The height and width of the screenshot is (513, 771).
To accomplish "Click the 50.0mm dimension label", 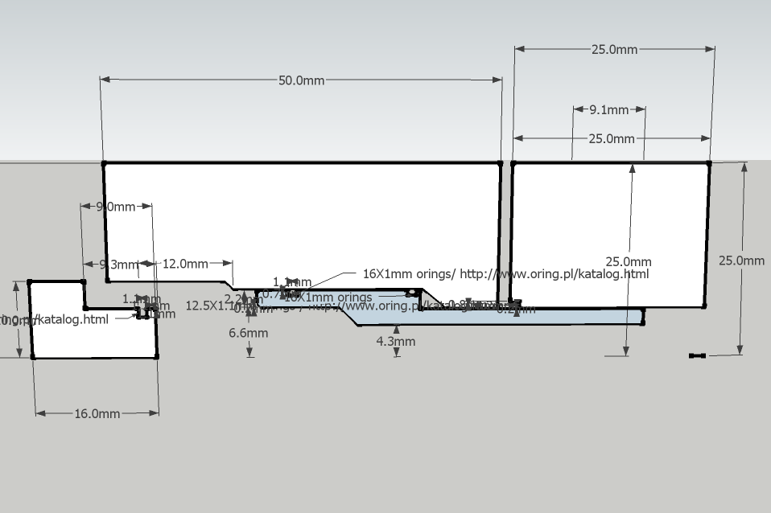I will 302,80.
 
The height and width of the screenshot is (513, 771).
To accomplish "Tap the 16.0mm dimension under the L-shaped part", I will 97,414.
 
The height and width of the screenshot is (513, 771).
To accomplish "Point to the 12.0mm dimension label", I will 185,264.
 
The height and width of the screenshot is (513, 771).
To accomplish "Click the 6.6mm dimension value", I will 249,333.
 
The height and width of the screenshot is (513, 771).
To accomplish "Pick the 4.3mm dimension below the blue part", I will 396,341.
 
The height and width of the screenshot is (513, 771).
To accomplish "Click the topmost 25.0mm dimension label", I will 614,50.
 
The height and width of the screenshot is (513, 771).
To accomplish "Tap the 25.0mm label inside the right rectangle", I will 629,262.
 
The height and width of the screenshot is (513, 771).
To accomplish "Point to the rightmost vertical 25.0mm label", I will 741,261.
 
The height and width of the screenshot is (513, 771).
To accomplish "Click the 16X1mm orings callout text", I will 505,273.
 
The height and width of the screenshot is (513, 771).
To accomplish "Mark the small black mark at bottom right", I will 697,355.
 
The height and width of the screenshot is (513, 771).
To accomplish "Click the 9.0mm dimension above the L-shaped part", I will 116,207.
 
